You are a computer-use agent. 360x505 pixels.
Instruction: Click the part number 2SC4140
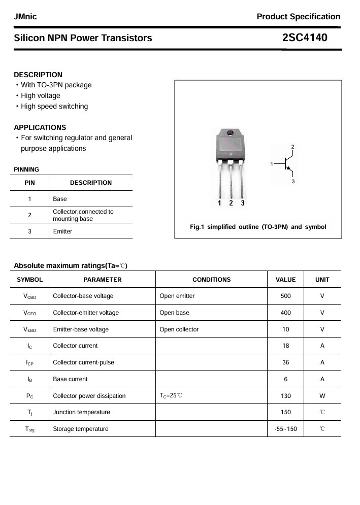point(305,38)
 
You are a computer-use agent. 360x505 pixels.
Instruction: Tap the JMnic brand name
point(25,17)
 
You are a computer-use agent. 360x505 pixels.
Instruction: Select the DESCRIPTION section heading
point(38,75)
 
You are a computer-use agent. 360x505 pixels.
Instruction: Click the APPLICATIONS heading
point(40,127)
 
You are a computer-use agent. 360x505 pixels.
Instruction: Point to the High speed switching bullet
point(54,106)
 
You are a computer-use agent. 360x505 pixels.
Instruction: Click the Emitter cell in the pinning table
point(62,231)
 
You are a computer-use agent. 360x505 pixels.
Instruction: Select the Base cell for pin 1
point(60,199)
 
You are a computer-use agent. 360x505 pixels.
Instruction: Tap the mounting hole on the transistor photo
point(230,133)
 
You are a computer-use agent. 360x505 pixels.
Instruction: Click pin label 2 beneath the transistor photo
point(231,203)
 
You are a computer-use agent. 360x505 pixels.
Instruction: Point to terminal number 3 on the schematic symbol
point(293,181)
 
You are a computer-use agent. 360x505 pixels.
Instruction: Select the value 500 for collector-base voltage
point(285,296)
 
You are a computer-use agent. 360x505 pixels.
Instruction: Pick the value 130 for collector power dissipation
point(285,395)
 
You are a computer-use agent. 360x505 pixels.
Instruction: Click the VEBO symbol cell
point(29,329)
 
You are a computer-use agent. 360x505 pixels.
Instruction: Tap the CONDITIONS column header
point(211,279)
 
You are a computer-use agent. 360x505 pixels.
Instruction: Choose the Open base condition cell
point(174,313)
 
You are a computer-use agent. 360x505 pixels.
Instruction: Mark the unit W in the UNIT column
point(322,395)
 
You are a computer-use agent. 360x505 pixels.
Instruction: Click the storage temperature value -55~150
point(285,429)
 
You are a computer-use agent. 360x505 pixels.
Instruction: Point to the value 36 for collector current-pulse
point(285,362)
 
